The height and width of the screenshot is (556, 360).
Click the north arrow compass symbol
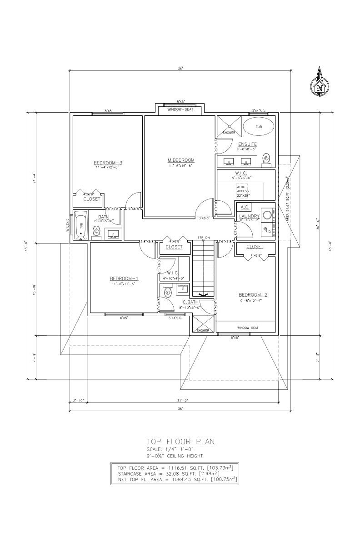pos(320,84)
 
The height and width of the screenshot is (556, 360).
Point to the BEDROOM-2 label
pos(253,295)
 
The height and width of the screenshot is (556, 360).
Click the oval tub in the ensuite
pos(258,127)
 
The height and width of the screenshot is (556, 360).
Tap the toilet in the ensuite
pos(267,158)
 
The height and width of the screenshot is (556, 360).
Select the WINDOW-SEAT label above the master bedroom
pos(180,110)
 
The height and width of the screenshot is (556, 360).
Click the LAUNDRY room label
pos(249,216)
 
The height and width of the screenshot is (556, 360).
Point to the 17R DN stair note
pos(204,238)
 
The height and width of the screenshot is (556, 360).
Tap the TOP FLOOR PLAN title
pos(180,441)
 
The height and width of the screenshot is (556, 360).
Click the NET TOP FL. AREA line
pos(177,479)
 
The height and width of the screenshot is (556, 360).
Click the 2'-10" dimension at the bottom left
pos(78,401)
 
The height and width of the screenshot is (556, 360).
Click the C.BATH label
pos(189,302)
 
